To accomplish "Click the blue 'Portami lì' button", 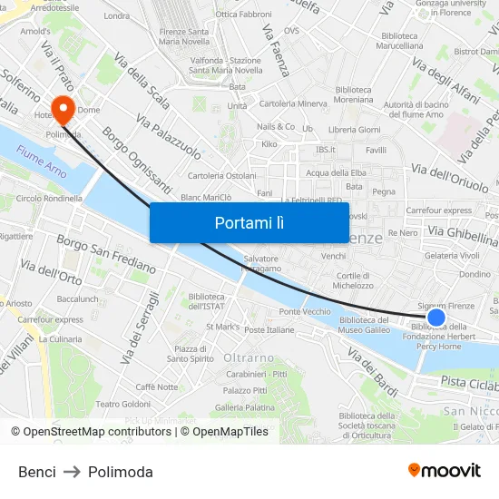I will pyautogui.click(x=249, y=222).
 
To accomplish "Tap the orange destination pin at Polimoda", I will pyautogui.click(x=63, y=111).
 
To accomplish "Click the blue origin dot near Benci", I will pyautogui.click(x=435, y=318).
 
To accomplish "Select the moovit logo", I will pyautogui.click(x=445, y=470).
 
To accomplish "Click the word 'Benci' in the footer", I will pyautogui.click(x=37, y=472).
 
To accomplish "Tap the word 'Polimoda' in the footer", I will pyautogui.click(x=121, y=472).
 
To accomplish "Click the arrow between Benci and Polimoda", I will pyautogui.click(x=72, y=472).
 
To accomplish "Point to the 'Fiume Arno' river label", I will pyautogui.click(x=42, y=164).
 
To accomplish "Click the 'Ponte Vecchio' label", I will pyautogui.click(x=305, y=312).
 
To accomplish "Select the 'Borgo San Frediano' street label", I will pyautogui.click(x=106, y=253).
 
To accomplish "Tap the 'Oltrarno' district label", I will pyautogui.click(x=249, y=357).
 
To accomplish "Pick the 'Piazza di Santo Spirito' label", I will pyautogui.click(x=189, y=354).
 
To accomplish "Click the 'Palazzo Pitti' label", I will pyautogui.click(x=247, y=390).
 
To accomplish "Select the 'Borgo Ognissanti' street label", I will pyautogui.click(x=137, y=160).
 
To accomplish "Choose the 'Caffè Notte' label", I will pyautogui.click(x=157, y=387).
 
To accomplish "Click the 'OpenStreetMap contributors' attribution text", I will pyautogui.click(x=98, y=432).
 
